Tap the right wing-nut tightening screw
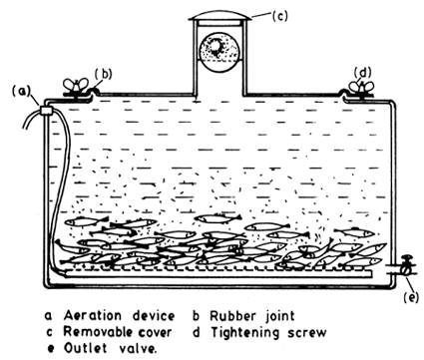(355, 87)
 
